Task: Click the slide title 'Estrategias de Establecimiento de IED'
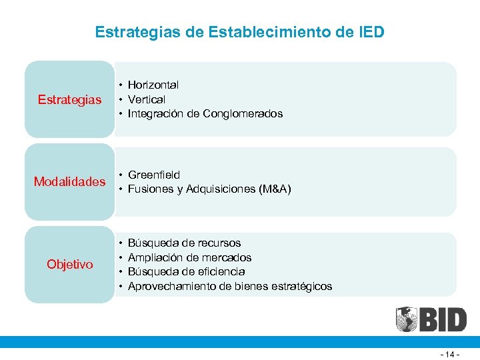tap(239, 31)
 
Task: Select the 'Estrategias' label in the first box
tap(69, 99)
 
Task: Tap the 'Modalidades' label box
tap(69, 182)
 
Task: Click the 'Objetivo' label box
tap(69, 265)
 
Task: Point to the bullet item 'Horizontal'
tap(153, 85)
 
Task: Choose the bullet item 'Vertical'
tap(147, 99)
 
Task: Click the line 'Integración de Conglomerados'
tap(205, 114)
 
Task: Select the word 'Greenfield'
tap(153, 175)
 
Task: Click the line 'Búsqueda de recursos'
tap(184, 243)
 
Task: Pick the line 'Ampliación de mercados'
tap(189, 257)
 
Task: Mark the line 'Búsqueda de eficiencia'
tap(186, 272)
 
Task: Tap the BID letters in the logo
tap(443, 320)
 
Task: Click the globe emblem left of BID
tap(407, 320)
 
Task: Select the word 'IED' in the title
tap(370, 31)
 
